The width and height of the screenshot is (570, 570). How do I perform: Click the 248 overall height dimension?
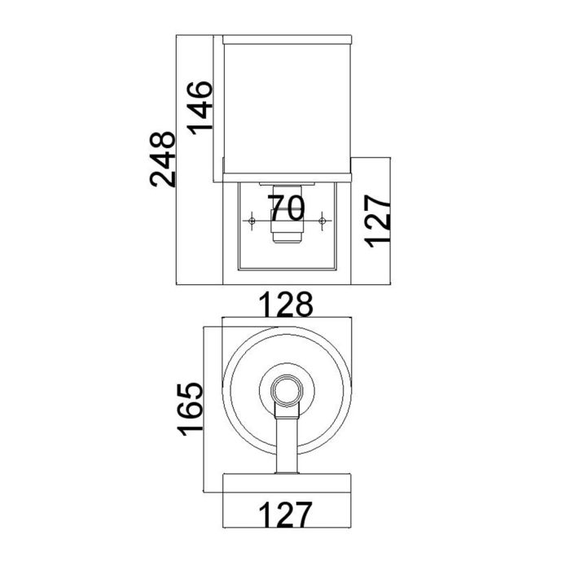[x=163, y=159]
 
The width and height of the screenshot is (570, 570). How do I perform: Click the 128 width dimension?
[x=285, y=306]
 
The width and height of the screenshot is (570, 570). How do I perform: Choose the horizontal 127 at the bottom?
[x=285, y=515]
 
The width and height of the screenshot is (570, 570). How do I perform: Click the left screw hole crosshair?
[x=252, y=221]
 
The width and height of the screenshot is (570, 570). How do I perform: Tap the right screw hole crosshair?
[x=323, y=221]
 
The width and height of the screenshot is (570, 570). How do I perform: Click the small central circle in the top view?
[x=286, y=391]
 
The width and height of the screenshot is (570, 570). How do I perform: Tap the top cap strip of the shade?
[x=285, y=38]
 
